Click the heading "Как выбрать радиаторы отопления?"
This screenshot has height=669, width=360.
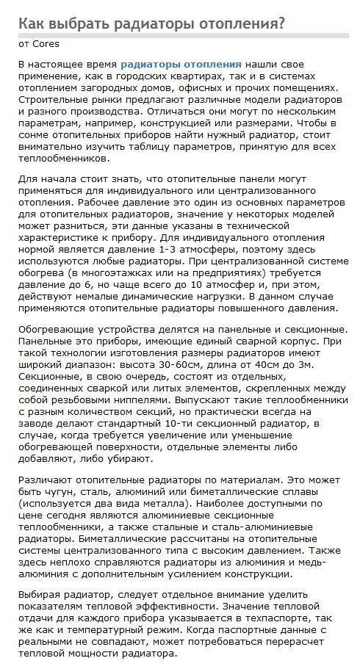151,24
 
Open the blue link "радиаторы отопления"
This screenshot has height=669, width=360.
181,65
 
